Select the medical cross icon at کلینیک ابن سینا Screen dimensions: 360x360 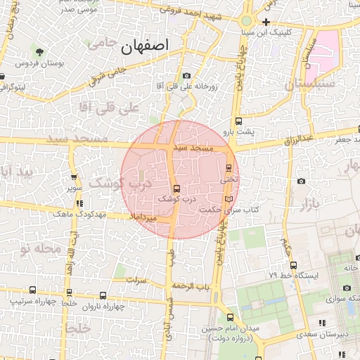(266, 22)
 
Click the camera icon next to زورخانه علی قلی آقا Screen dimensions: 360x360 (186, 76)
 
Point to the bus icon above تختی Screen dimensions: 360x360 (229, 167)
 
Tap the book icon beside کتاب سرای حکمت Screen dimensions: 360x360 (227, 199)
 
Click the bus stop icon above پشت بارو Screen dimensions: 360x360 (239, 121)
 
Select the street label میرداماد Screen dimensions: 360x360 (149, 219)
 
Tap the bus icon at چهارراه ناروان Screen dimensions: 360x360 (103, 296)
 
